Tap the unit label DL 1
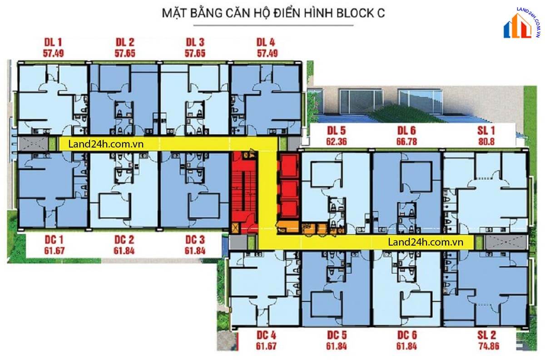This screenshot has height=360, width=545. [x=54, y=43]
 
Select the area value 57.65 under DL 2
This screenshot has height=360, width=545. [x=125, y=53]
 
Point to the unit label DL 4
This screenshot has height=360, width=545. [x=266, y=43]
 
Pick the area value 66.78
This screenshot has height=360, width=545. [x=406, y=141]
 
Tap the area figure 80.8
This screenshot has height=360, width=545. [x=486, y=141]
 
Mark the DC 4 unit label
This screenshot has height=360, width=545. [x=266, y=336]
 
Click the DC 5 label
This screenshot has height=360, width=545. [x=337, y=336]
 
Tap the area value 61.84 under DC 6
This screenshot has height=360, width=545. [x=407, y=346]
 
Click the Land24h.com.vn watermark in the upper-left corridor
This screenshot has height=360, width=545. [x=104, y=144]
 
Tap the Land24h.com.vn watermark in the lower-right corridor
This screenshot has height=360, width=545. [x=426, y=242]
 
